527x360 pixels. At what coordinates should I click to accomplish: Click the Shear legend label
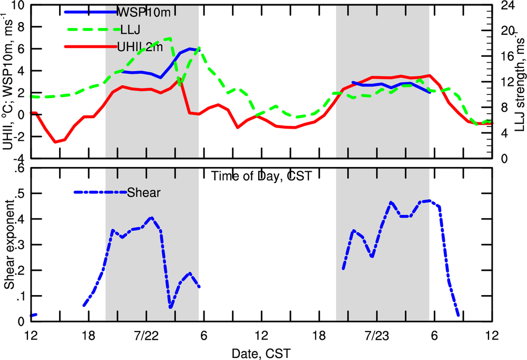click(144, 192)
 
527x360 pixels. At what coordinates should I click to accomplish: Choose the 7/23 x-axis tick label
click(377, 336)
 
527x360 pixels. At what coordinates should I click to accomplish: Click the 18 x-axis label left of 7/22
click(88, 336)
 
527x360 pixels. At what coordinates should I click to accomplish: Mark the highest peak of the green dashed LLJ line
click(170, 38)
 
